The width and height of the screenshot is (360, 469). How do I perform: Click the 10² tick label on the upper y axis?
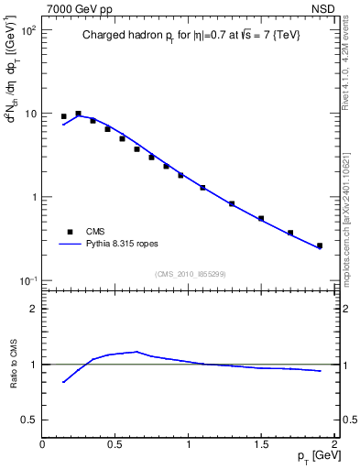(x=28, y=30)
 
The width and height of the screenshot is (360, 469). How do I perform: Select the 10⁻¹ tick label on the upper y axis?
(x=28, y=280)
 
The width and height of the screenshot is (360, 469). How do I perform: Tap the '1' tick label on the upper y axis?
(x=34, y=197)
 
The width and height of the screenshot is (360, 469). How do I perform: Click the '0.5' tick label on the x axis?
(x=115, y=444)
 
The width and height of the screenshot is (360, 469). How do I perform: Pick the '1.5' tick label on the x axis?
(x=261, y=444)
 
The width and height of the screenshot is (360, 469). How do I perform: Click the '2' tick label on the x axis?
(x=335, y=444)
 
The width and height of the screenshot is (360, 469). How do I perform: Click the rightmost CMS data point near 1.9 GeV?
(x=320, y=245)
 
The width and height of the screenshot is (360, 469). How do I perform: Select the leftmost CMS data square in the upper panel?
(x=63, y=116)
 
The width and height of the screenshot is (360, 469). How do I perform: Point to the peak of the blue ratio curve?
(x=136, y=351)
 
